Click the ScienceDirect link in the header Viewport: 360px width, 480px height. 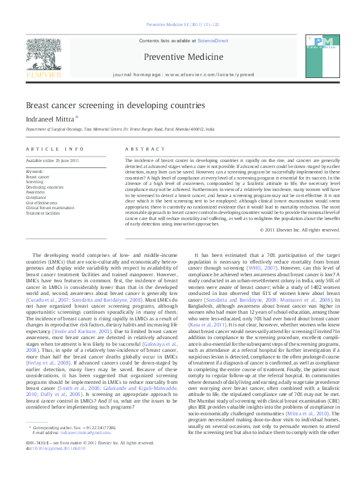pos(212,40)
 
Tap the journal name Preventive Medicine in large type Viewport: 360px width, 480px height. pos(180,57)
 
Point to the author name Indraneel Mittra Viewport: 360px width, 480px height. pos(49,118)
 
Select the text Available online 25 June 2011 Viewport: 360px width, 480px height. pos(53,160)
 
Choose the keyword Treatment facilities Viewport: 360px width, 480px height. pos(42,213)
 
